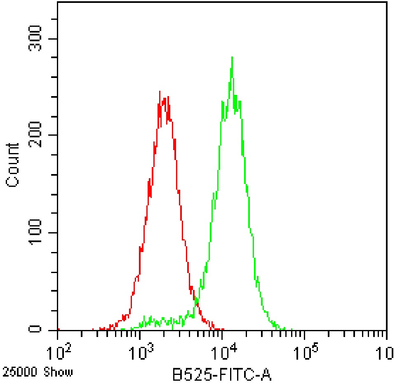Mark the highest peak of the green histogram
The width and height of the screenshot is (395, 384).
[232, 57]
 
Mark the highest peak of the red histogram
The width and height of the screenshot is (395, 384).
[160, 92]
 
